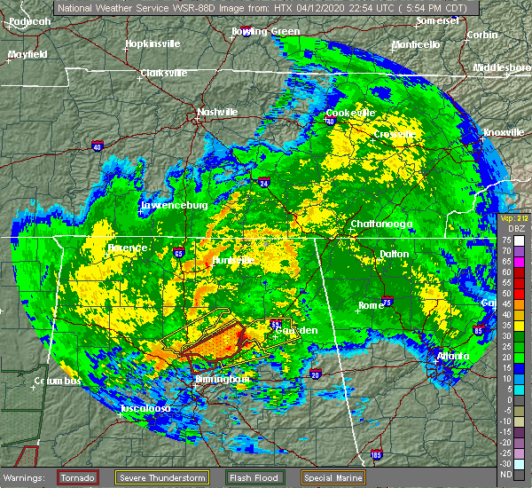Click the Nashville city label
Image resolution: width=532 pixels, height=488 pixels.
(x=217, y=113)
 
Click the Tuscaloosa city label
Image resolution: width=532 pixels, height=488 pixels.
(x=146, y=408)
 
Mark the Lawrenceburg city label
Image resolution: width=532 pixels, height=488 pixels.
(x=174, y=206)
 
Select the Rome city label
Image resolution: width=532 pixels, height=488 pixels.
(x=371, y=305)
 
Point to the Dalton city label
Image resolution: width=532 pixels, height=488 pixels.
(x=395, y=254)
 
